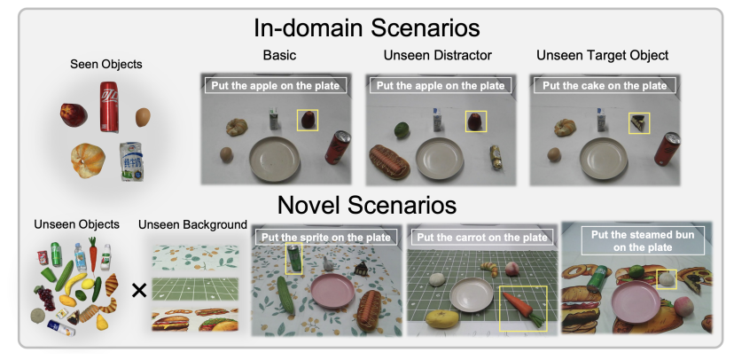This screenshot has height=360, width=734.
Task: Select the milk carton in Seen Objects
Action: (132, 160)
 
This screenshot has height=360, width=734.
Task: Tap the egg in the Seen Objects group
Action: (143, 116)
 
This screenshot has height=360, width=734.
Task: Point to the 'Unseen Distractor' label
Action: (438, 55)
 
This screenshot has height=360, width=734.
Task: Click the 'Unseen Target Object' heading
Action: (603, 55)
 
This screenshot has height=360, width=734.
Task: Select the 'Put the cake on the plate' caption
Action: (604, 86)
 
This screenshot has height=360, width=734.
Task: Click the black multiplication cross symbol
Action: (139, 288)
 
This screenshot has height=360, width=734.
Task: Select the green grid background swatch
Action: (195, 289)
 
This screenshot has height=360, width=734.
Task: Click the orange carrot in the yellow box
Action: (520, 307)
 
